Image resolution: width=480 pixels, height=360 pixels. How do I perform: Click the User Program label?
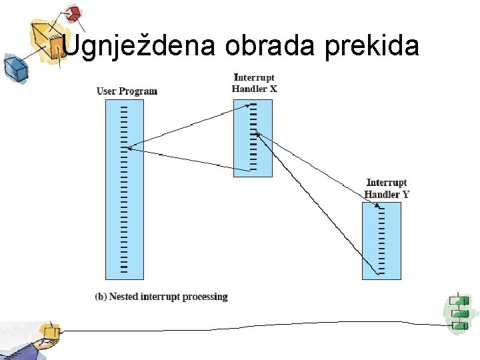[127, 91]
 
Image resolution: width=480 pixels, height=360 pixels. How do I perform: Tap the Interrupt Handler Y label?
[387, 188]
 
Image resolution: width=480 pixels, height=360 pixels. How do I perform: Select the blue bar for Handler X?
[253, 138]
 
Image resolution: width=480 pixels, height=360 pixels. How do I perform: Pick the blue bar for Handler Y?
[381, 241]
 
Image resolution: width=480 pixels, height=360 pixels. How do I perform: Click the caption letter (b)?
[100, 297]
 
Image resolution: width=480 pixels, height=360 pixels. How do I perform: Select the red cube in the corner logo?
[74, 13]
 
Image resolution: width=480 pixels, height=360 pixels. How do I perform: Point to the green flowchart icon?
[458, 312]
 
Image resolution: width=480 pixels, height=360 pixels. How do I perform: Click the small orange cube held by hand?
[50, 331]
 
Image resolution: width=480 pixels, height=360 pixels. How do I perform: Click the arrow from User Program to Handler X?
[187, 125]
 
